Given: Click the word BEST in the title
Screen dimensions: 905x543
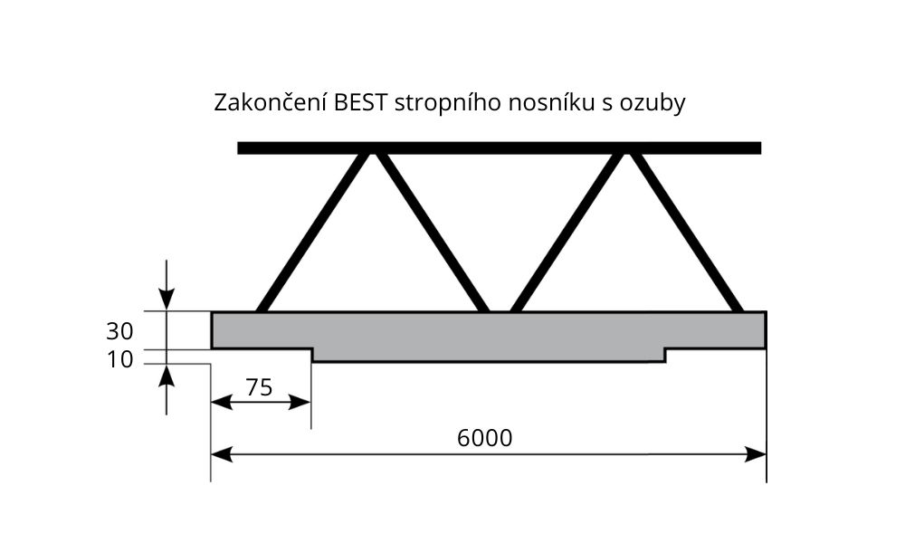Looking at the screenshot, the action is coord(359,102).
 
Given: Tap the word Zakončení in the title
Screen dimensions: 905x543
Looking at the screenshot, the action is coord(271,102).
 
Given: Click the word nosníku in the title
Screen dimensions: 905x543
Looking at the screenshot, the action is coord(550,102).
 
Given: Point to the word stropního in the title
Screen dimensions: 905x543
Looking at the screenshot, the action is coord(448,104).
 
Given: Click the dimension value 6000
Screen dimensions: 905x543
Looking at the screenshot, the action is coord(484,438).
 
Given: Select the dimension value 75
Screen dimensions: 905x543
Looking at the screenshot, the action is coord(259,387).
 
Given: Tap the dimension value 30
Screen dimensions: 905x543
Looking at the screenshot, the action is coord(119,331).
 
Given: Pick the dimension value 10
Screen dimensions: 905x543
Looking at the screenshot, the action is coord(119,359).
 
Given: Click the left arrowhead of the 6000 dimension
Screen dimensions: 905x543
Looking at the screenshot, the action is coord(222,454).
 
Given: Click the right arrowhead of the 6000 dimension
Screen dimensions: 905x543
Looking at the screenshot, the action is coord(755,454).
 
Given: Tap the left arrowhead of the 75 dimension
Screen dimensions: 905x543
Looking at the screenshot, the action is coord(222,402).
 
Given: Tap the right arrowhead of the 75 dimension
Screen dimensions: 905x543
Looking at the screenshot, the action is coord(300,402).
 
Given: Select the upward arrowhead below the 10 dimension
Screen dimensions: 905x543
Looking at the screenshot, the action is coord(167,376).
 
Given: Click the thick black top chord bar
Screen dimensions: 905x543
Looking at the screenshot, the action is coord(500,148).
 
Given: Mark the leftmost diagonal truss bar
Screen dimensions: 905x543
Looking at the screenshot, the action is coord(312,233).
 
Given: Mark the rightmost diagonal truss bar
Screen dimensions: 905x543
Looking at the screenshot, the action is coord(686,233).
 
